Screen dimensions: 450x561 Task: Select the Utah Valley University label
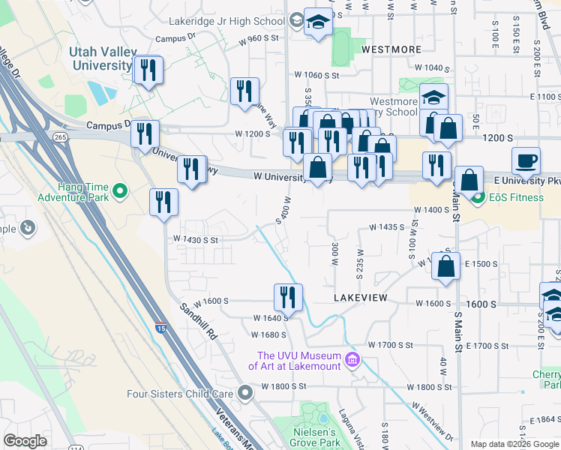100,58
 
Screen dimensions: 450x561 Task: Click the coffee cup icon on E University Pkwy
526,160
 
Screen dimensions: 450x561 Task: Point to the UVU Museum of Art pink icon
351,361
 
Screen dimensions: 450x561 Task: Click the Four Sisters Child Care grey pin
244,392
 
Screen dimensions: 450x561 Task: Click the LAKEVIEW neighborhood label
361,298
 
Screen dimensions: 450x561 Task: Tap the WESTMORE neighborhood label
391,49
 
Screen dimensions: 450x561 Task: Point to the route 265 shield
61,137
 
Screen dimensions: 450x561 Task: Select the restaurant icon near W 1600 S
288,297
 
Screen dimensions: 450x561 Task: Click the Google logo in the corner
25,441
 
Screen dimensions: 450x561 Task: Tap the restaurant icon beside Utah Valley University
148,70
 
